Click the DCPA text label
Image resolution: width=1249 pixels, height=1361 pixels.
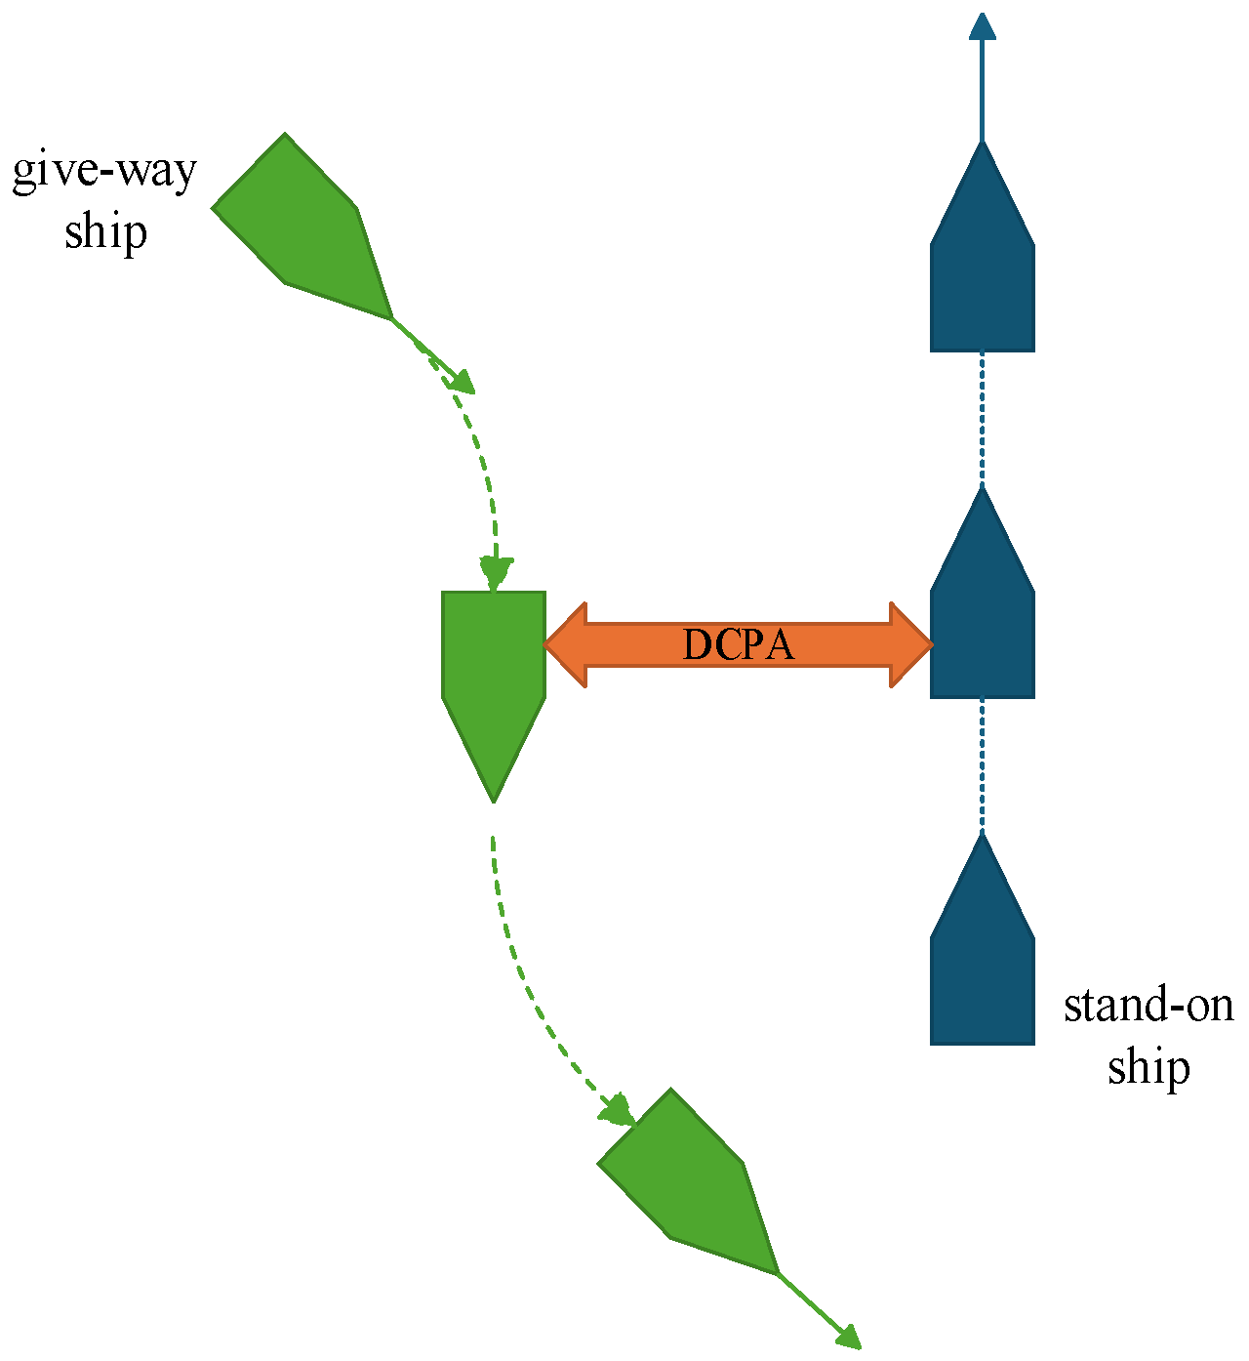click(738, 645)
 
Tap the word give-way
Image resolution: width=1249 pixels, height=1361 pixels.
click(104, 172)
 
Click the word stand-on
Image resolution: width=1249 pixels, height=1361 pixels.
click(1148, 1006)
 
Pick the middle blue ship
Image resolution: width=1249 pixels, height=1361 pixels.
click(982, 625)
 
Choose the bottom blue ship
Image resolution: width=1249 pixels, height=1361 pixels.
click(982, 971)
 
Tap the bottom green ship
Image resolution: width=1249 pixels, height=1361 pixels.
click(689, 1186)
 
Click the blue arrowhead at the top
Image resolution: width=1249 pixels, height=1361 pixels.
click(983, 26)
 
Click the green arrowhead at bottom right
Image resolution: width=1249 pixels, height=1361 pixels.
click(849, 1338)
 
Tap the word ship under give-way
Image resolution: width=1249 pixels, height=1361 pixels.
click(105, 233)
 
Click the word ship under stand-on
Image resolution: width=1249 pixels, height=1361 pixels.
click(1148, 1067)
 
